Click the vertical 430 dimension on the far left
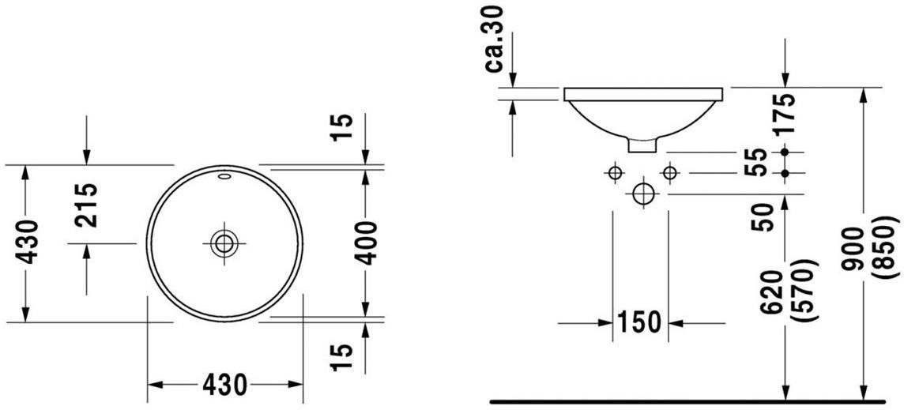coord(28,242)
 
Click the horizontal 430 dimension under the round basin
coord(225,384)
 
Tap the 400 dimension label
coord(366,243)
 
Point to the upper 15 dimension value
coord(341,129)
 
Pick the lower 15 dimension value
coord(341,358)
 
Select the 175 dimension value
coord(785,113)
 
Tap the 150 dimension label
coord(639,322)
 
